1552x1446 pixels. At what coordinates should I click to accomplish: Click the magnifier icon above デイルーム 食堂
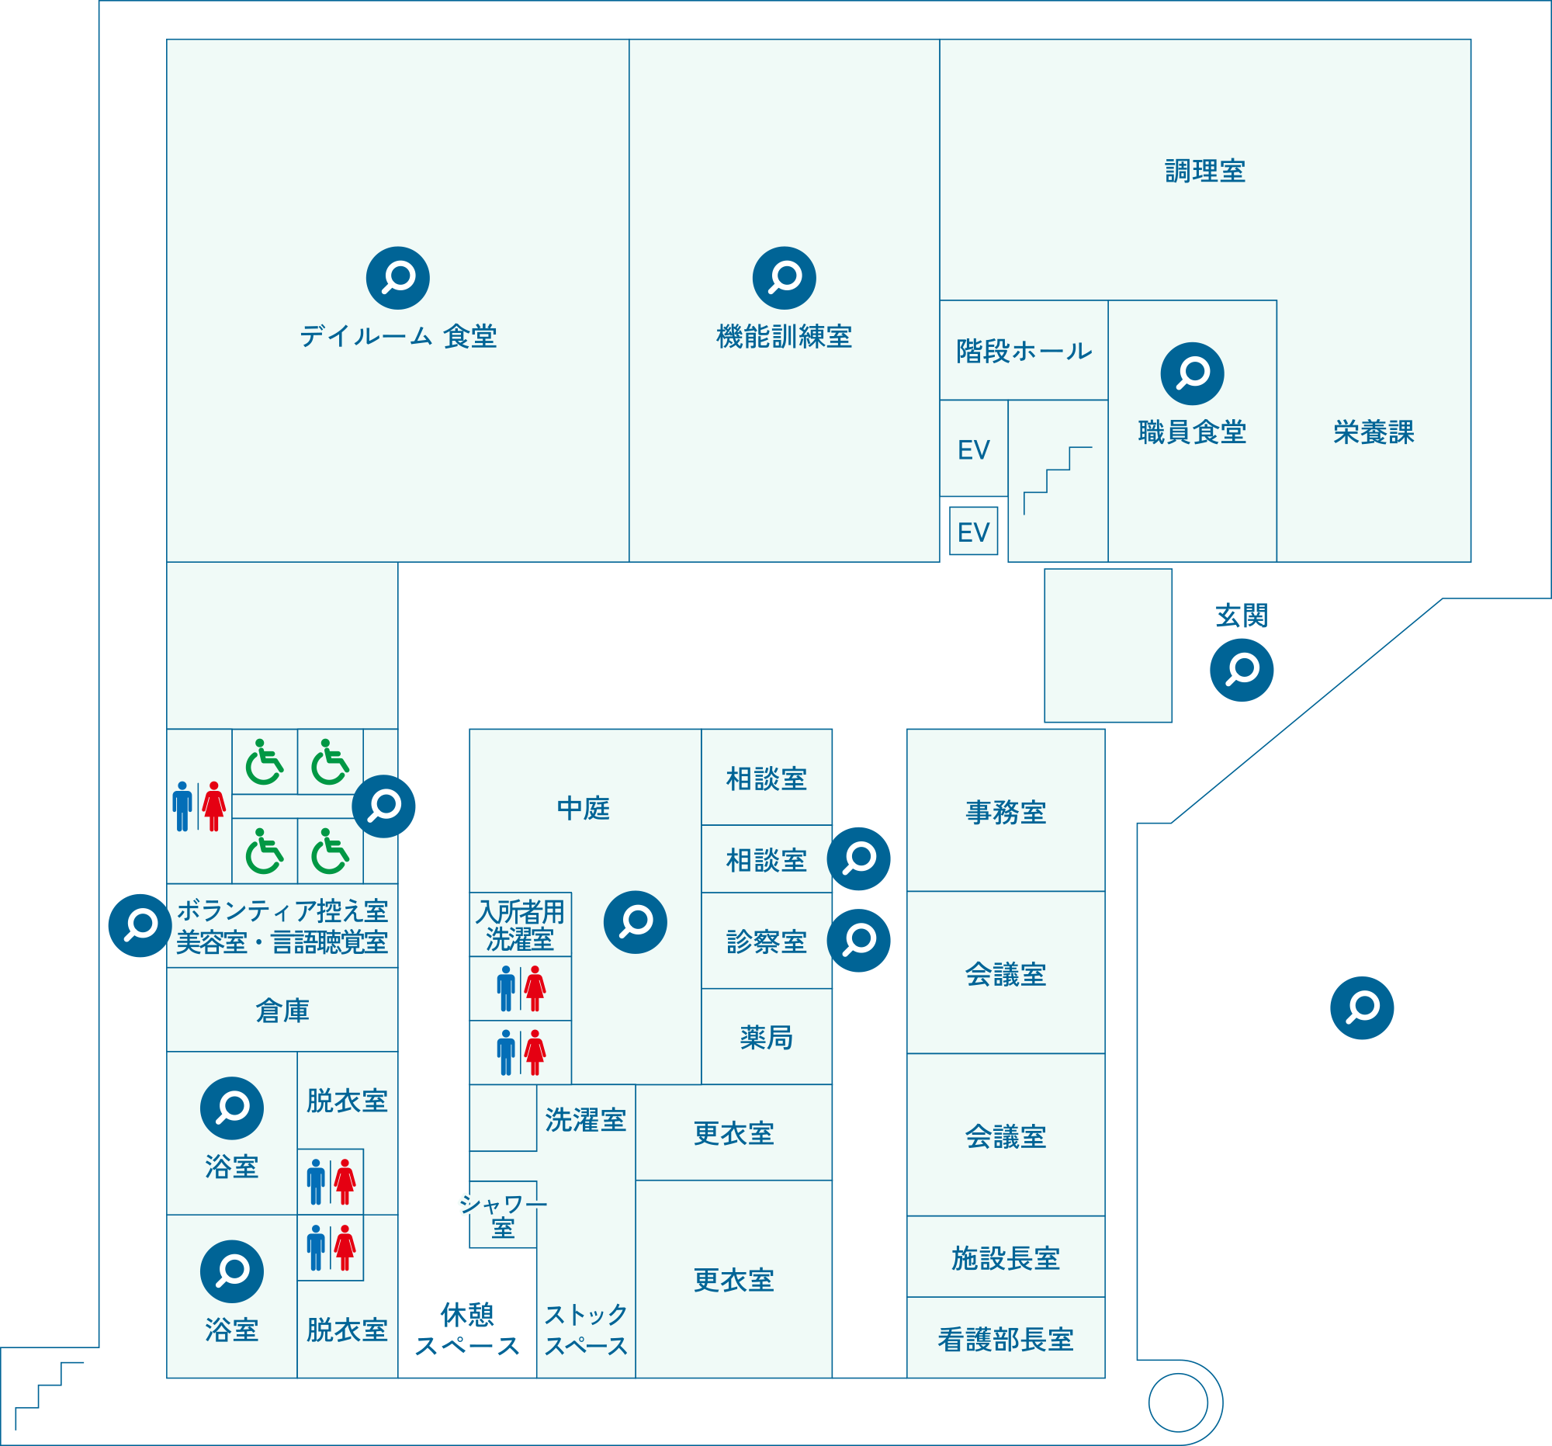pos(398,278)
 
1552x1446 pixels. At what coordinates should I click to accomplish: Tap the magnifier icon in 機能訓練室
pos(785,278)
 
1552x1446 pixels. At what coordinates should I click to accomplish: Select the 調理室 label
pos(1204,171)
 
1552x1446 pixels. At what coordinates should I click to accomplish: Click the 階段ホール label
pos(1024,352)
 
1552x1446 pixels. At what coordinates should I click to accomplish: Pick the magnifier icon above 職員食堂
pos(1192,374)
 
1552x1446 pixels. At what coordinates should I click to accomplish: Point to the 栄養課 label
pos(1374,432)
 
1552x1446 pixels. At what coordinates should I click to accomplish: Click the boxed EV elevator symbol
pos(974,532)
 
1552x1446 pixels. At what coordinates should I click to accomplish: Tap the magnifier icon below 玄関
pos(1242,670)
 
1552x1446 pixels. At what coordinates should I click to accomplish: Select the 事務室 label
pos(1006,813)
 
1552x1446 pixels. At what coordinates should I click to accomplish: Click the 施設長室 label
pos(1006,1259)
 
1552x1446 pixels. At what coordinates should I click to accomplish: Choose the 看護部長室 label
pos(1006,1340)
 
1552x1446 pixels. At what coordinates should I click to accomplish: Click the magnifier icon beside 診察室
pos(859,940)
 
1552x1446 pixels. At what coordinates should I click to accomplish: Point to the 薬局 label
pos(766,1038)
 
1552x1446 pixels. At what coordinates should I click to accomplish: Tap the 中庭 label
pos(584,808)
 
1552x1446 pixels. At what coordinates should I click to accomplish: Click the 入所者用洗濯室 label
pos(520,925)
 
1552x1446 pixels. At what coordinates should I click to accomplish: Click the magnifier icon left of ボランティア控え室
pos(140,925)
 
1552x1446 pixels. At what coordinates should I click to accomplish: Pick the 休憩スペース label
pos(467,1330)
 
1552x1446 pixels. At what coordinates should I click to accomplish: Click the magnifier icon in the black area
pos(1362,1008)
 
